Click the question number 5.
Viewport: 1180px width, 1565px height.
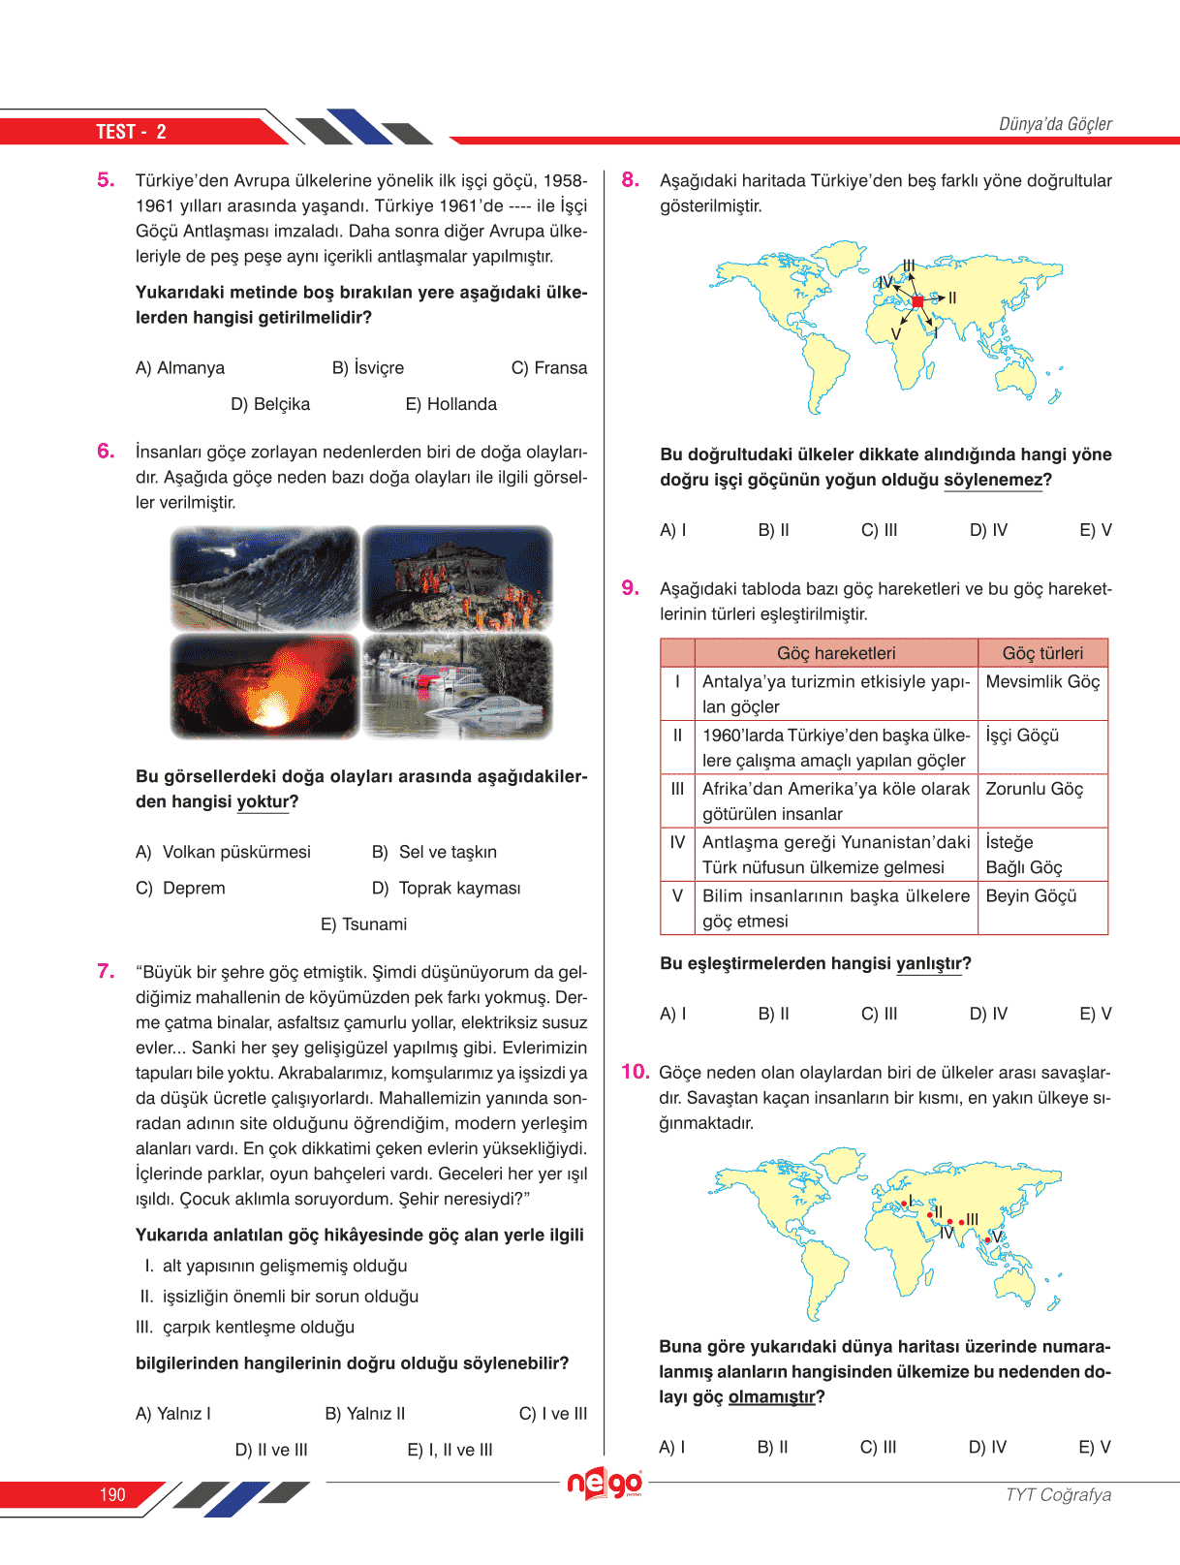[106, 179]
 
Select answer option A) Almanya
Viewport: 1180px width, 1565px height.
[180, 368]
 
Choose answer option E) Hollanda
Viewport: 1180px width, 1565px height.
[450, 404]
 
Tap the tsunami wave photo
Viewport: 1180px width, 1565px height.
[264, 579]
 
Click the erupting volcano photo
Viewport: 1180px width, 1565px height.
[264, 686]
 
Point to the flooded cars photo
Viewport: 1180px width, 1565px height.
[457, 686]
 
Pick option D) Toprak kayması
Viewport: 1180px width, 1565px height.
[447, 888]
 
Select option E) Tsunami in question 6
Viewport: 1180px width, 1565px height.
[364, 924]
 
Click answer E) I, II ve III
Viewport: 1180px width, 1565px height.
[450, 1450]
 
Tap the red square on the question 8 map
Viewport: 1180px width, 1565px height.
[917, 301]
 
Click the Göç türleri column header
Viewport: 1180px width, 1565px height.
[1042, 653]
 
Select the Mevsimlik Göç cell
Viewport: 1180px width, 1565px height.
[1042, 682]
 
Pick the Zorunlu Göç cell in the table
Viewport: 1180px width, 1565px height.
[1034, 789]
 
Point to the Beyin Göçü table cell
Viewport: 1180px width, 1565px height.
[1031, 896]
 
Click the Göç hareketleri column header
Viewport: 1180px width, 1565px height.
[836, 653]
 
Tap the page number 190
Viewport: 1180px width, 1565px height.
[112, 1494]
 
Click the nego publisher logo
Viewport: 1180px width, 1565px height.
[605, 1483]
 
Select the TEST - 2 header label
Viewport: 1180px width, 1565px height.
[131, 132]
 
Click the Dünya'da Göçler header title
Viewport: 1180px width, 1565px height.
[1055, 124]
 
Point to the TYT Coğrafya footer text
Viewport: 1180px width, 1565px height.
[1058, 1494]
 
